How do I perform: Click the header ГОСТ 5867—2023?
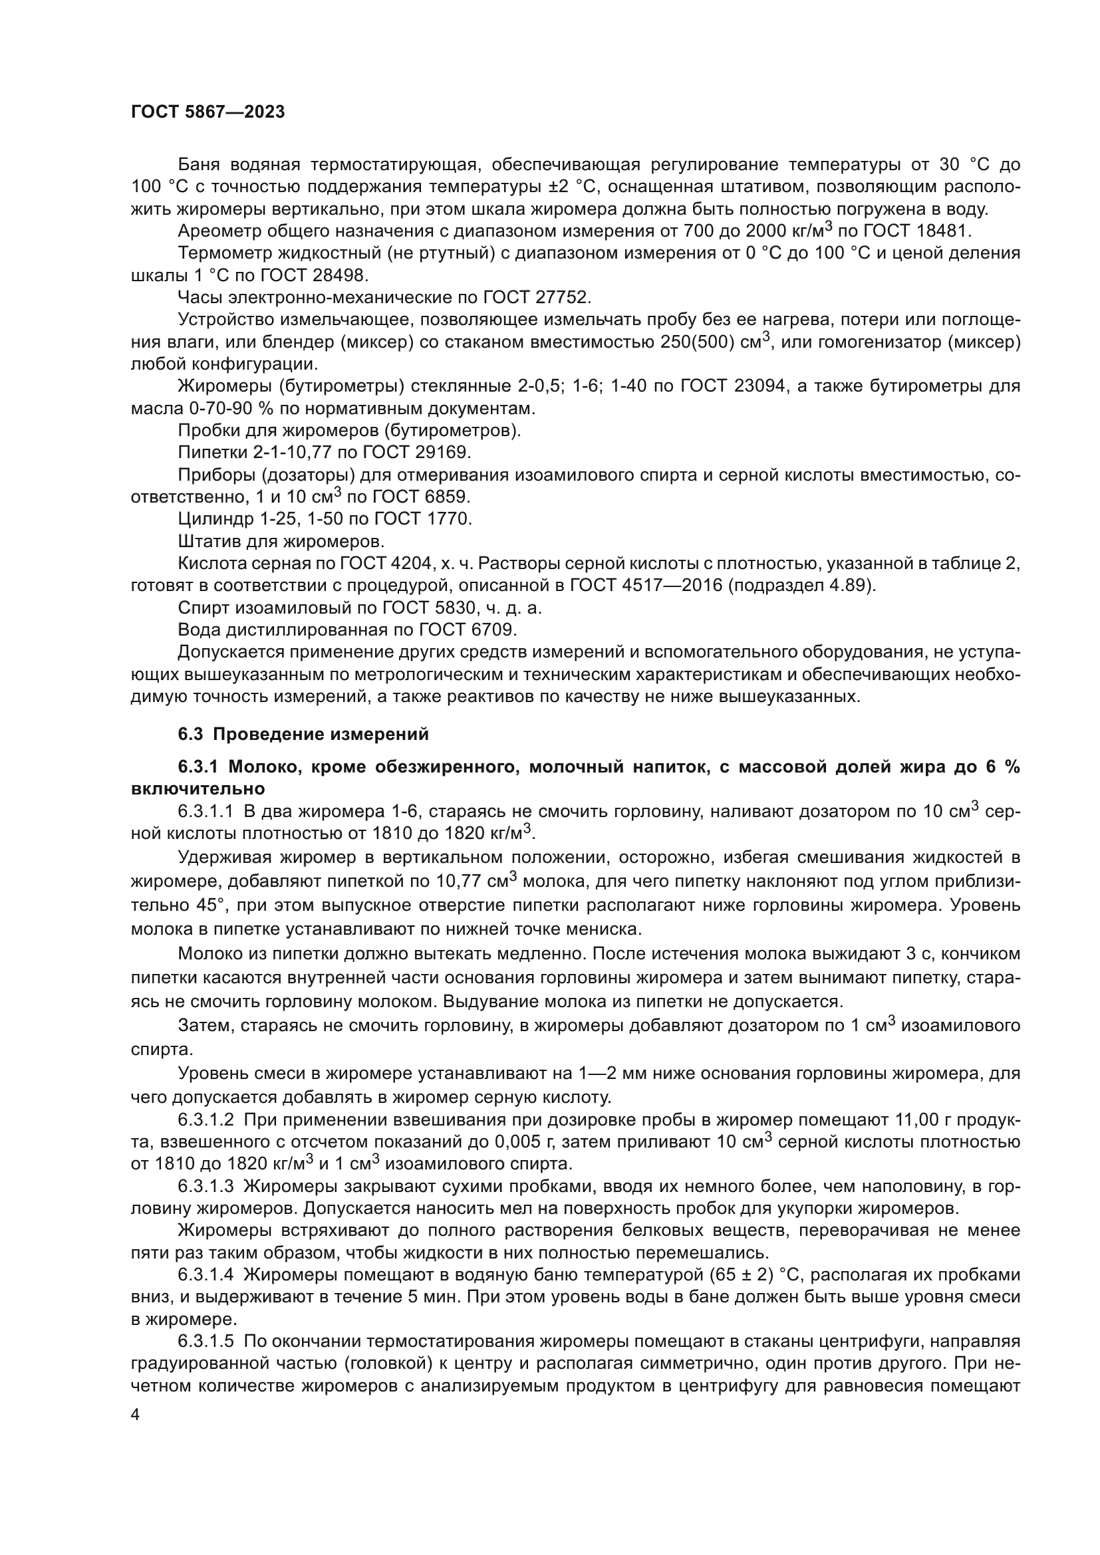(207, 112)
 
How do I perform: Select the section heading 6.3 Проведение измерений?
(303, 734)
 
